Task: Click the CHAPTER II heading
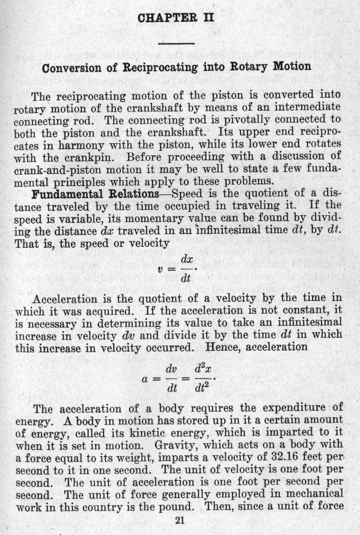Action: pos(177,19)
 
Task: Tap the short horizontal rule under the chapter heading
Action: pos(177,43)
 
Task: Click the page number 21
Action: pos(180,521)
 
